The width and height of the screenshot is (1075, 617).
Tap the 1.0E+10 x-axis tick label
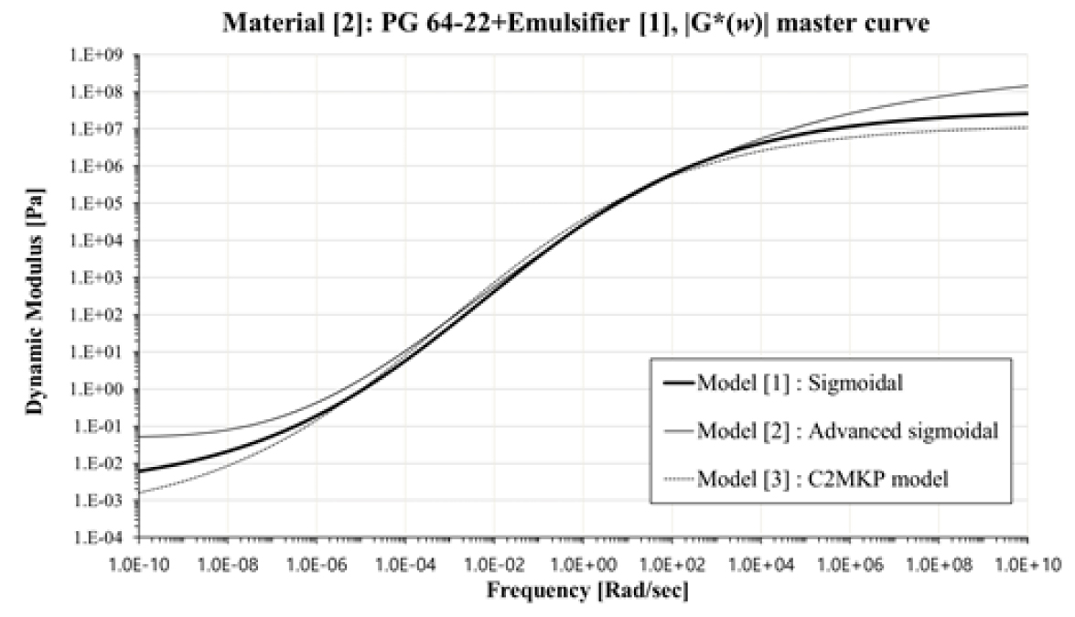pyautogui.click(x=1027, y=560)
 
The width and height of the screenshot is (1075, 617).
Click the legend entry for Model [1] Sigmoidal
pyautogui.click(x=799, y=383)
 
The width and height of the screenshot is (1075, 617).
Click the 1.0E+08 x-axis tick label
pyautogui.click(x=939, y=560)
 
